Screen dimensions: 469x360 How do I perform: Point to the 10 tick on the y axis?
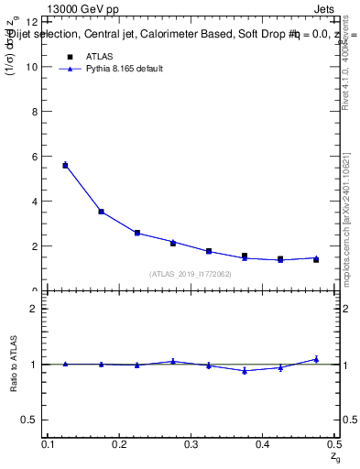pyautogui.click(x=36, y=67)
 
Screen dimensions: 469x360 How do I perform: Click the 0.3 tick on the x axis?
pyautogui.click(x=191, y=444)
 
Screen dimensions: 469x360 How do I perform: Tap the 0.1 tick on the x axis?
pyautogui.click(x=49, y=444)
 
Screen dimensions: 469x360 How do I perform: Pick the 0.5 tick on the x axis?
pyautogui.click(x=333, y=444)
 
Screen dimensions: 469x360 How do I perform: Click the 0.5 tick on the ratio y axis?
pyautogui.click(x=34, y=420)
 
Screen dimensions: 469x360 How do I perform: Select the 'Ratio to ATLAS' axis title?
pyautogui.click(x=13, y=364)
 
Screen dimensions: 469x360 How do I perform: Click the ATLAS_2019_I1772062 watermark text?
pyautogui.click(x=191, y=274)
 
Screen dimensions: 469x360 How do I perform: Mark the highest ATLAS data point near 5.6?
pyautogui.click(x=65, y=166)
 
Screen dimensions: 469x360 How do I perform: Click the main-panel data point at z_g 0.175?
pyautogui.click(x=101, y=212)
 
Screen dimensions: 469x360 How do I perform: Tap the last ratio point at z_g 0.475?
pyautogui.click(x=316, y=359)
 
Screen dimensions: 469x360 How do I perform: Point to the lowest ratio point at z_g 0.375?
pyautogui.click(x=245, y=371)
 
